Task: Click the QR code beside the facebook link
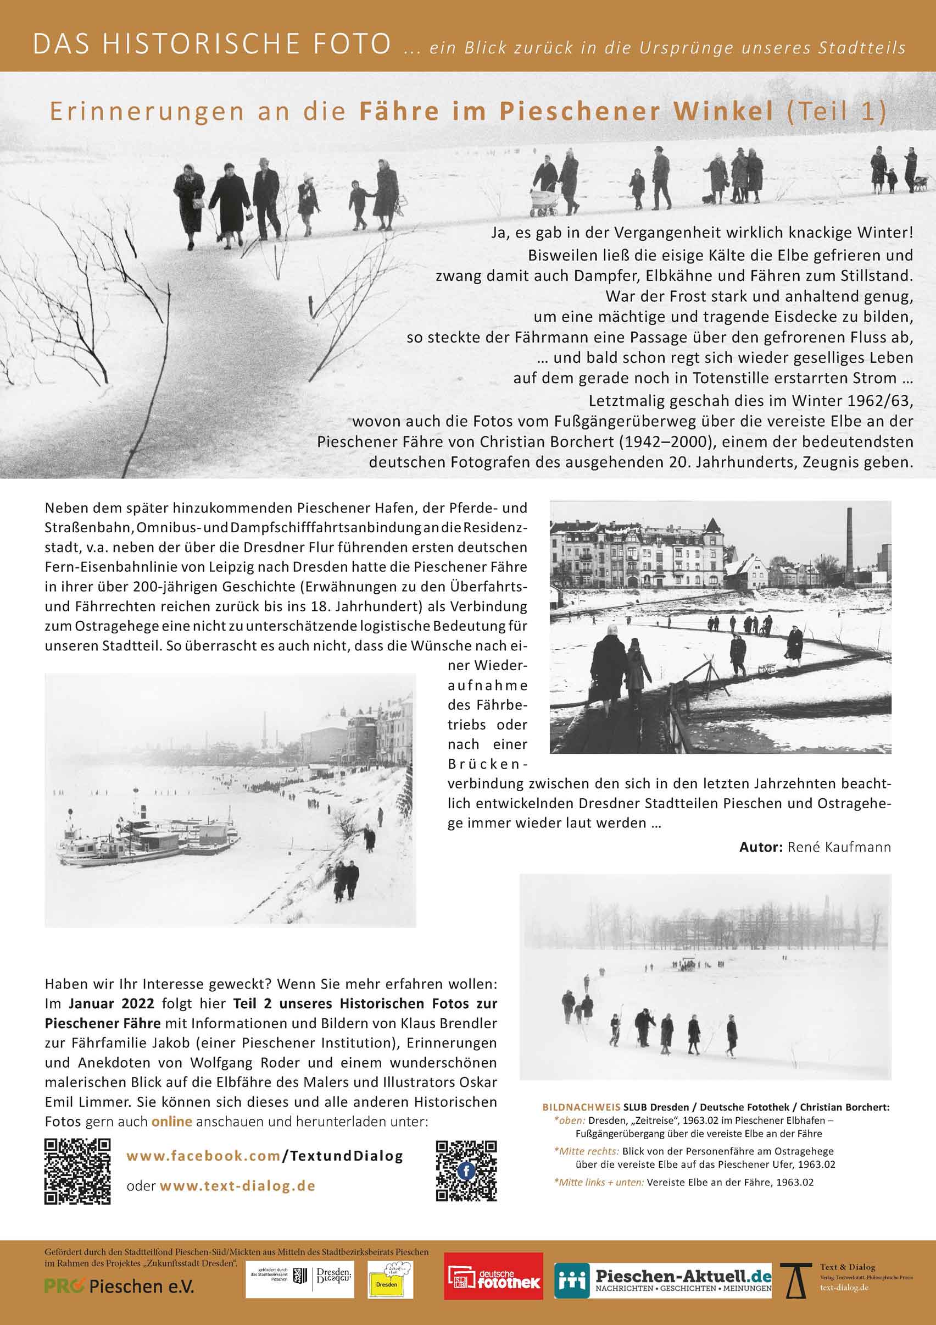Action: tap(77, 1171)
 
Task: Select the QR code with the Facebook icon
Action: tap(466, 1171)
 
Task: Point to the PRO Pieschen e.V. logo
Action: tap(119, 1287)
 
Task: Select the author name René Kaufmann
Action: tap(839, 847)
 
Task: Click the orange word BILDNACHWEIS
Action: tap(581, 1107)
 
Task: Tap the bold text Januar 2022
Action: tap(112, 1003)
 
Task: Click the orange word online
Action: tap(171, 1121)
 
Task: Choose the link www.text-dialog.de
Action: tap(237, 1186)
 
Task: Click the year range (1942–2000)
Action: tap(655, 441)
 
